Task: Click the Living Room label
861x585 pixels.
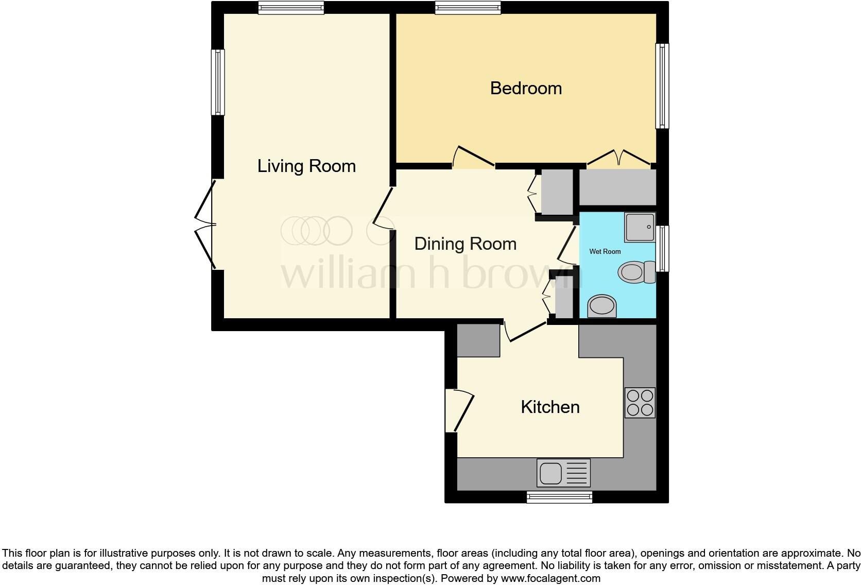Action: (306, 166)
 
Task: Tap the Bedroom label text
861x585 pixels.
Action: (526, 88)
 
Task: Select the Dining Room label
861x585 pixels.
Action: (465, 244)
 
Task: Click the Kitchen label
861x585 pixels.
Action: (550, 407)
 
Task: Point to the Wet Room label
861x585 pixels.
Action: (605, 251)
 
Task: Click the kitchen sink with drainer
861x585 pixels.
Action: (563, 472)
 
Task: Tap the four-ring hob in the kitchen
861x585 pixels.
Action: (640, 402)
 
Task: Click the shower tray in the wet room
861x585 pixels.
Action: (640, 227)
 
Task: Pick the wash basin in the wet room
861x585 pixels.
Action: (602, 306)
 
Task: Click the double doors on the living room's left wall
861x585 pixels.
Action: (206, 225)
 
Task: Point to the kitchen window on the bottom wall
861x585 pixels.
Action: (559, 496)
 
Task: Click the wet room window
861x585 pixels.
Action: (663, 248)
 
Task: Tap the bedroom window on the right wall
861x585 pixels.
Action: (662, 85)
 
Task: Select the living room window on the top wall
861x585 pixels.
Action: (291, 7)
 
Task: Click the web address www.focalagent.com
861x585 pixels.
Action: (550, 578)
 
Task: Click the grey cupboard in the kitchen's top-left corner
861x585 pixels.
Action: (478, 340)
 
